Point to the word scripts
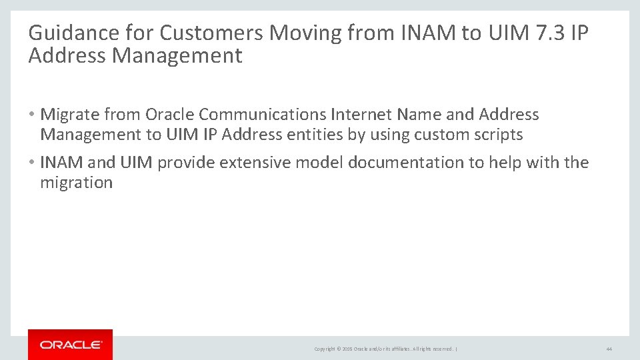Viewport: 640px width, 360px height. (497, 135)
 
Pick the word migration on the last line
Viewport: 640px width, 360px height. (76, 183)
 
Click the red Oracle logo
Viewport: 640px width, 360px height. (71, 345)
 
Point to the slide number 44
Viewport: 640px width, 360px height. (609, 349)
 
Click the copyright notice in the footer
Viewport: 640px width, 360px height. (385, 349)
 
